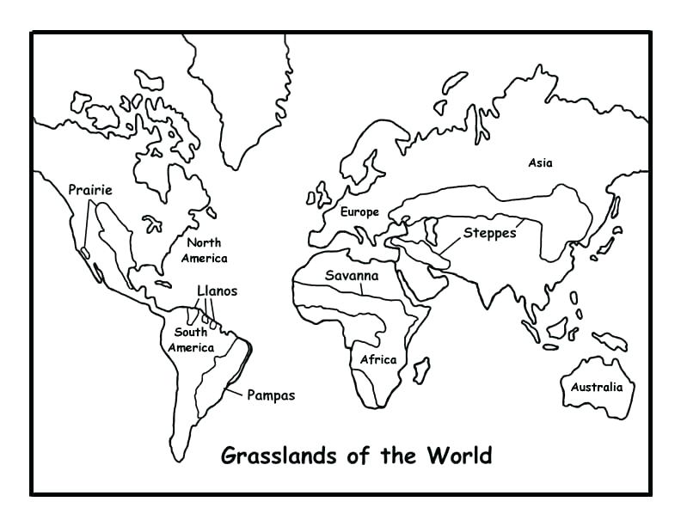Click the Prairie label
click(x=90, y=189)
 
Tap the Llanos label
click(x=217, y=291)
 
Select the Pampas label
click(x=271, y=395)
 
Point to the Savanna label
click(x=351, y=276)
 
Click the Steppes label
click(x=490, y=233)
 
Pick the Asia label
click(x=541, y=162)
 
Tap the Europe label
click(x=359, y=211)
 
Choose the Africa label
click(x=378, y=359)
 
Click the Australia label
click(x=597, y=387)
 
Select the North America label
click(x=204, y=250)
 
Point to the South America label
click(x=191, y=340)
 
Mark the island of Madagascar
click(x=421, y=370)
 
